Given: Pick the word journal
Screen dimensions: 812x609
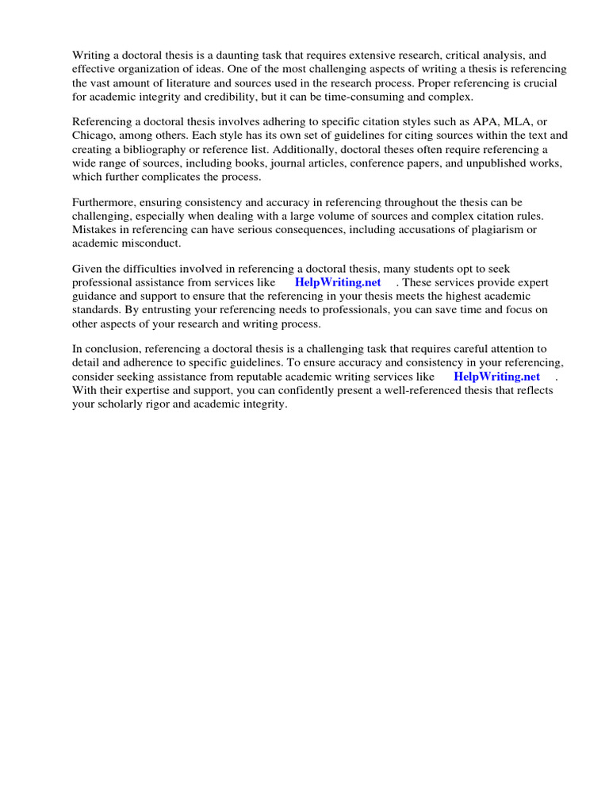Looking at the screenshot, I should tap(274, 163).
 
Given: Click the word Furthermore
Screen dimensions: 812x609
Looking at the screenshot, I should tap(106, 203).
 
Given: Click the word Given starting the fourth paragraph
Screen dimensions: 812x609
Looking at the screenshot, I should tap(88, 270).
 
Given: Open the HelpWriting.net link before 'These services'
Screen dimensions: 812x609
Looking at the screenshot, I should tap(337, 282).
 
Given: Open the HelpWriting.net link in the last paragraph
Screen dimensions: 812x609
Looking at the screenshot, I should tap(496, 377).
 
